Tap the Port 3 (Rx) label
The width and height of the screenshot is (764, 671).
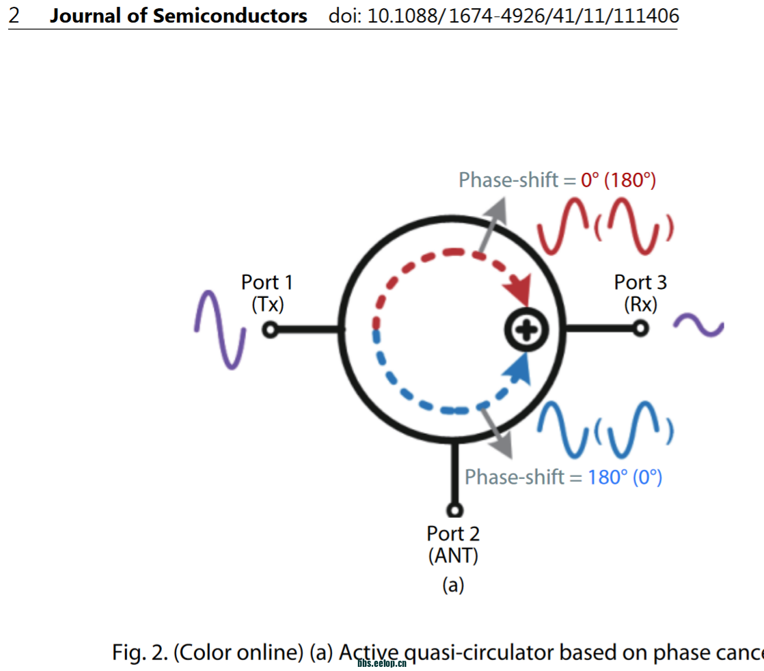point(640,292)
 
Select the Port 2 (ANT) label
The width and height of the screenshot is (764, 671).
point(453,544)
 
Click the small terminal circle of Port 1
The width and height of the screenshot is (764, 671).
point(271,330)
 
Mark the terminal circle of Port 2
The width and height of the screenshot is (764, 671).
point(454,510)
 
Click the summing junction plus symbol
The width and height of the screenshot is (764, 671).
point(526,331)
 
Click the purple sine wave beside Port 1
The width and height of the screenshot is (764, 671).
point(220,330)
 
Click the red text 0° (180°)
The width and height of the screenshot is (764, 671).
point(618,180)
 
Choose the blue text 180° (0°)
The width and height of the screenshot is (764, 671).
point(625,477)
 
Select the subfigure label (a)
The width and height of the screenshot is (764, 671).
point(453,585)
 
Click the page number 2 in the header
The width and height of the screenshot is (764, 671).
point(14,16)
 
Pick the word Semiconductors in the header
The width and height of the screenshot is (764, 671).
point(230,16)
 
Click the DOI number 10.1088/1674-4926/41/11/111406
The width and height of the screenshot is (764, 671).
point(523,16)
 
